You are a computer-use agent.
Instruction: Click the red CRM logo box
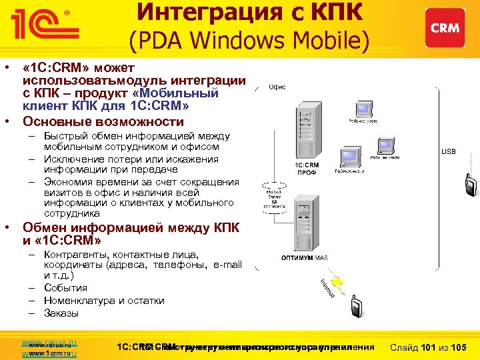click(445, 28)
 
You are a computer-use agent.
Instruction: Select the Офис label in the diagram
click(277, 87)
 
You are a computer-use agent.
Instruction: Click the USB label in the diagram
click(449, 151)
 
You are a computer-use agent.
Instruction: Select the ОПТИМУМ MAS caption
click(303, 257)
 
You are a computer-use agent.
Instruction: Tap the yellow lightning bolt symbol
click(337, 283)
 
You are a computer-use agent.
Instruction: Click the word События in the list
click(65, 288)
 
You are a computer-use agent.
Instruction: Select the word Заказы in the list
click(61, 313)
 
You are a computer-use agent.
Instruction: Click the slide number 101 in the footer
click(431, 347)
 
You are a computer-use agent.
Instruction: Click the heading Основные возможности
click(103, 121)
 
